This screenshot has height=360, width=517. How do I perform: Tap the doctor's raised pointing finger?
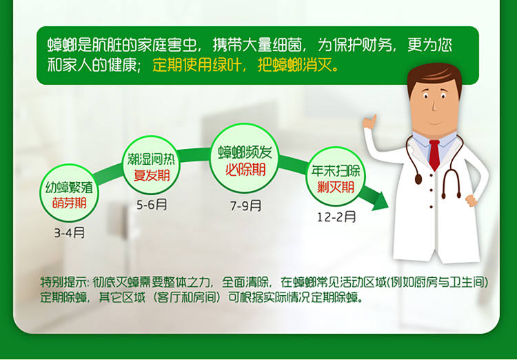pyautogui.click(x=374, y=119)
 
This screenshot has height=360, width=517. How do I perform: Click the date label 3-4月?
pyautogui.click(x=70, y=233)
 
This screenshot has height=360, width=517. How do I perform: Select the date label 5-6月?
pyautogui.click(x=152, y=205)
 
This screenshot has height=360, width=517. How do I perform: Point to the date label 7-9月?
pyautogui.click(x=245, y=206)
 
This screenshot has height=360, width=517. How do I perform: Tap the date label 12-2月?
pyautogui.click(x=336, y=217)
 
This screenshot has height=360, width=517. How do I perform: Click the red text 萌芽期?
pyautogui.click(x=69, y=203)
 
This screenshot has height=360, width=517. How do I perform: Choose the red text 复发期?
pyautogui.click(x=152, y=175)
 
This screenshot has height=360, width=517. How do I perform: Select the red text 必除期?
pyautogui.click(x=245, y=170)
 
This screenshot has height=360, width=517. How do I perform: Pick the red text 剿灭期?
pyautogui.click(x=336, y=187)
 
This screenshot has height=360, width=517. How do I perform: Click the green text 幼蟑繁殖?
pyautogui.click(x=69, y=188)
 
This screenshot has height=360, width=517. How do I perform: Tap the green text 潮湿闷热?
pyautogui.click(x=152, y=159)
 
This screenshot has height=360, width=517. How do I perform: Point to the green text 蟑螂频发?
pyautogui.click(x=245, y=152)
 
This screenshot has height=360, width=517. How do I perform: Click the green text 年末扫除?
pyautogui.click(x=336, y=171)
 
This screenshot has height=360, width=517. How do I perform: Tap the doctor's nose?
pyautogui.click(x=434, y=106)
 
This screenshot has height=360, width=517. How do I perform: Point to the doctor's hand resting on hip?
pyautogui.click(x=472, y=200)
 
